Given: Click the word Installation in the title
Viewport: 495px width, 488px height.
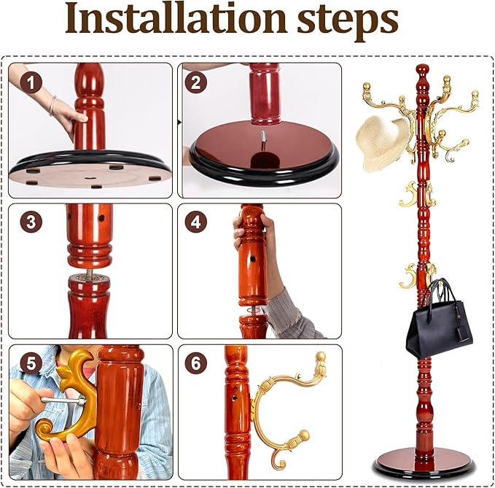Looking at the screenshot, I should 175,20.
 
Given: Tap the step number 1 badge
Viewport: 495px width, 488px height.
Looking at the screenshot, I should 31,82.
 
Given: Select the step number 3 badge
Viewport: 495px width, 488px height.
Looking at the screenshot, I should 31,222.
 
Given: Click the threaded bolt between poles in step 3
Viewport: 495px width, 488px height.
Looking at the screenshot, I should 89,274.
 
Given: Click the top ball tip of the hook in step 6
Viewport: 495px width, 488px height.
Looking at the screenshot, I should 319,357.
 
